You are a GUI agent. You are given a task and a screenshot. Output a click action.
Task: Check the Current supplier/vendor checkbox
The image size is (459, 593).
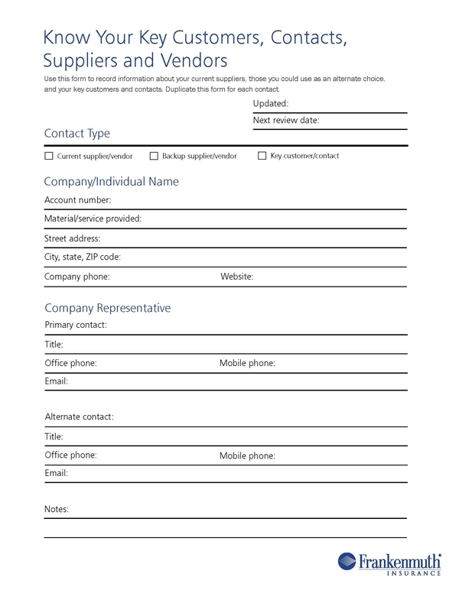tap(49, 156)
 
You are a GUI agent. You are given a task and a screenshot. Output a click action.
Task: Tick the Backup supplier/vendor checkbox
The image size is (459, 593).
tap(154, 156)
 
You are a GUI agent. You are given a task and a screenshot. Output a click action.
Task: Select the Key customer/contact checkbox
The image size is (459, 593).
tap(262, 156)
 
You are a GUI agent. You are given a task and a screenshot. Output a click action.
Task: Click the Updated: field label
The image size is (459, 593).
tap(270, 103)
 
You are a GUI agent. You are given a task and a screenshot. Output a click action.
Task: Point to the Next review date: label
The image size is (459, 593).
tap(285, 120)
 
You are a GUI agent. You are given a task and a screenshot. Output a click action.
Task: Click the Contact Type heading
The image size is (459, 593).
tap(77, 134)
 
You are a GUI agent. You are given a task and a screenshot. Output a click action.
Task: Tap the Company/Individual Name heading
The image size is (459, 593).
tap(112, 182)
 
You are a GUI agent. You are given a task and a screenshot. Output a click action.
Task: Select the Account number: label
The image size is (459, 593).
tap(78, 200)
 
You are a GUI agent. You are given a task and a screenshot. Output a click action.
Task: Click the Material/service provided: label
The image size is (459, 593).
tap(93, 219)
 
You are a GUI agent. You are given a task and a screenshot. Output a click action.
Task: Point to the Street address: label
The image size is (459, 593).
tap(73, 238)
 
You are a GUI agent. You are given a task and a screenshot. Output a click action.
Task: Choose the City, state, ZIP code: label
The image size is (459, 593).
tap(83, 258)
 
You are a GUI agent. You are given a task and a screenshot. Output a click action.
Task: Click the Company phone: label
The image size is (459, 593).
tap(77, 277)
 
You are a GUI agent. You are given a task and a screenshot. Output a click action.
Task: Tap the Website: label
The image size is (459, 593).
tap(236, 277)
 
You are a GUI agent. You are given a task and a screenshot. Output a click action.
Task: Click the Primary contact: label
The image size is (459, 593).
tap(76, 325)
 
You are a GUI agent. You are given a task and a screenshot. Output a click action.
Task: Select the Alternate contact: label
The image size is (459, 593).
tap(79, 417)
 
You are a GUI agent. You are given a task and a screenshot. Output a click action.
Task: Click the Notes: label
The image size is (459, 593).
tap(57, 509)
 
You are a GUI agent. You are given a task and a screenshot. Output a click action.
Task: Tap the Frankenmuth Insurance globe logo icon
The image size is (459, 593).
tap(349, 562)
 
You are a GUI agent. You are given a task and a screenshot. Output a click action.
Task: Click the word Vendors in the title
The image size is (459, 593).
tap(191, 59)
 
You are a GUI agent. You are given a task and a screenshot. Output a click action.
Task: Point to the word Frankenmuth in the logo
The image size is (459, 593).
tap(400, 560)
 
